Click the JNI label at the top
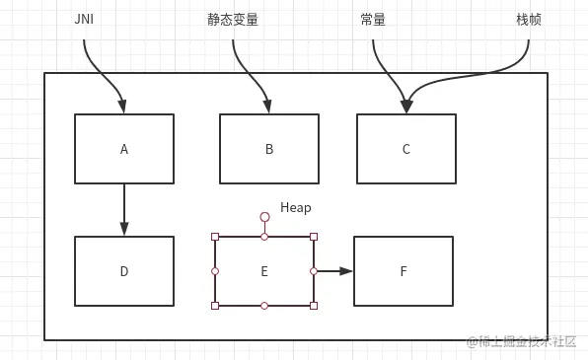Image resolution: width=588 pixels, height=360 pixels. click(x=84, y=20)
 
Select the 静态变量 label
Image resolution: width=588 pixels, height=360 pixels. click(x=233, y=20)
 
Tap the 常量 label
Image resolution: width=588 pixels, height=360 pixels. click(x=373, y=20)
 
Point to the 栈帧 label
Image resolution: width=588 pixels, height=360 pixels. click(x=529, y=20)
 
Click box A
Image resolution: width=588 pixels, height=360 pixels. click(x=124, y=149)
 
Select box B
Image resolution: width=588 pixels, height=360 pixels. click(x=269, y=149)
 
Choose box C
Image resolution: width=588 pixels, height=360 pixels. click(x=406, y=149)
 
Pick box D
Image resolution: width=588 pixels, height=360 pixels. click(x=124, y=271)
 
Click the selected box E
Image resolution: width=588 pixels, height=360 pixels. click(x=264, y=271)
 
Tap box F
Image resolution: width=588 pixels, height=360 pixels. click(x=404, y=271)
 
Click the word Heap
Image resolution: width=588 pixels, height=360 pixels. click(x=295, y=207)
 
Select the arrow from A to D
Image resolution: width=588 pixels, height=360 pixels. click(x=124, y=209)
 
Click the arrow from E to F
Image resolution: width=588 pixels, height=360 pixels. click(x=333, y=270)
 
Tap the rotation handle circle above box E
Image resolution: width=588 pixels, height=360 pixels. click(x=264, y=216)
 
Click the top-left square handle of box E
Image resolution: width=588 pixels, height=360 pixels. click(x=215, y=237)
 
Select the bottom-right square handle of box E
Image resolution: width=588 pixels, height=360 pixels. click(x=314, y=306)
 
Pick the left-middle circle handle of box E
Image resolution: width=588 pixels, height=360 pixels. click(x=215, y=270)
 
